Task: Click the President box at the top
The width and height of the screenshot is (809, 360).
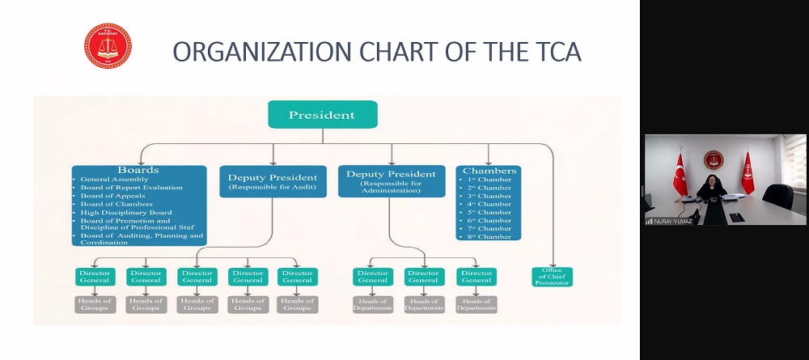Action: [322, 115]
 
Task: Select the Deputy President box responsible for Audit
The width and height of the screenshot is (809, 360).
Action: [272, 180]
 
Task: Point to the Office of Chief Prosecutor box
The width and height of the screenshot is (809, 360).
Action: [552, 276]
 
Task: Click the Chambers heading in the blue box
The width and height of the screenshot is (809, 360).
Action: [489, 172]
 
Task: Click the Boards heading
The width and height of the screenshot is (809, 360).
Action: [138, 171]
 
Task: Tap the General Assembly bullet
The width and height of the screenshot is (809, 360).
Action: [114, 180]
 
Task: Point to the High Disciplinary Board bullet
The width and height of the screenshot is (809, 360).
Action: [121, 212]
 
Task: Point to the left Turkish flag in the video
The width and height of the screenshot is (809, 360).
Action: [680, 174]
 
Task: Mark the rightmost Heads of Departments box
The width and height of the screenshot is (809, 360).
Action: [477, 304]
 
